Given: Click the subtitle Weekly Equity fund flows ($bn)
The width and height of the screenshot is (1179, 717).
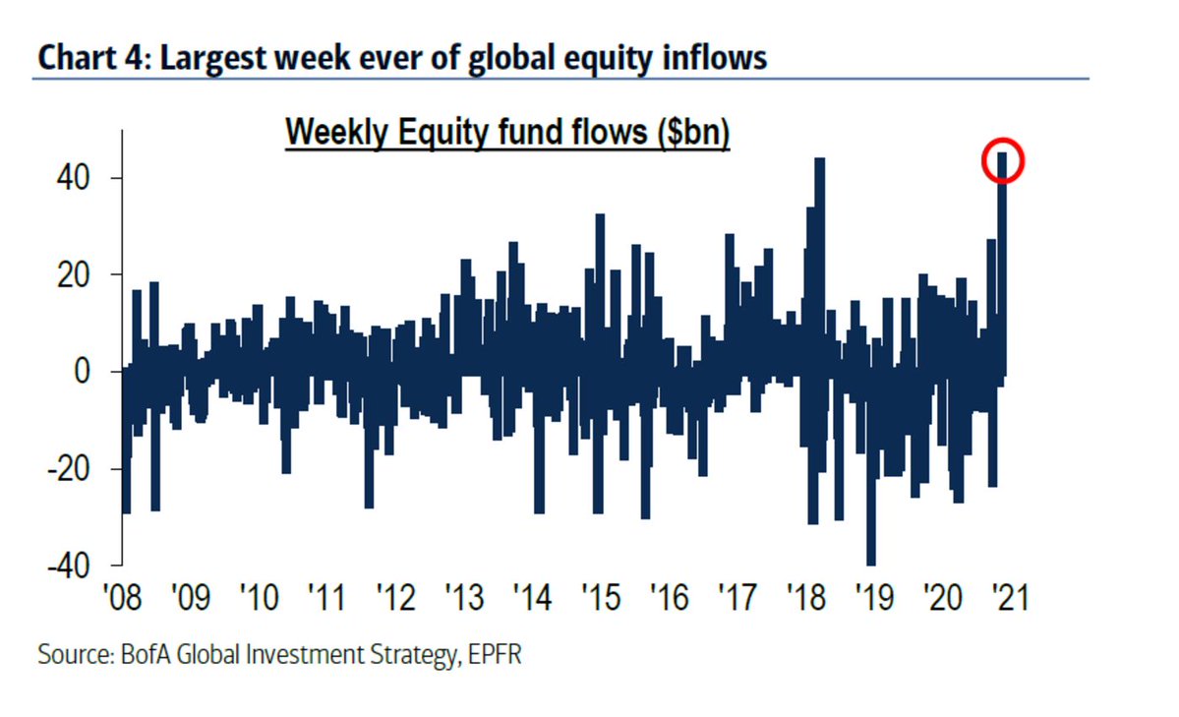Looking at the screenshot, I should click(506, 135).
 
